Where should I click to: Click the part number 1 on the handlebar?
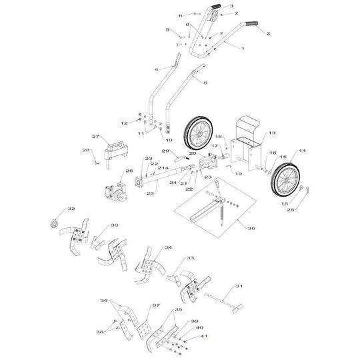243,49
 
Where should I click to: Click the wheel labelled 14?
288,180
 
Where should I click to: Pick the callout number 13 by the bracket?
271,133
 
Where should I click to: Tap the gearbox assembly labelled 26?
116,187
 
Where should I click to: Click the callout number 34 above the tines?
169,247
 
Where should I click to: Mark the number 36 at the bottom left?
104,301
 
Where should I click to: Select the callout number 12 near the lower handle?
123,123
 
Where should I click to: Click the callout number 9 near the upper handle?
168,30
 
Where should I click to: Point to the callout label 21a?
163,169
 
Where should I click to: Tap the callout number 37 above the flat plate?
157,305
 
